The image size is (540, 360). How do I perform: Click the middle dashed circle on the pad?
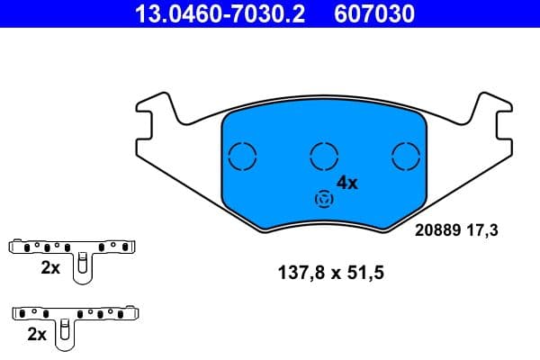click(323, 157)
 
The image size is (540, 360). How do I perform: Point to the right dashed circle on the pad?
click(407, 157)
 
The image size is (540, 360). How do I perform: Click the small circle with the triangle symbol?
click(321, 199)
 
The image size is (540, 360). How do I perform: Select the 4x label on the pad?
click(346, 183)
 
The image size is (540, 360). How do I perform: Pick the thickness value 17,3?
click(481, 230)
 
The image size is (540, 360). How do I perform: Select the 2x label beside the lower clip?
click(37, 334)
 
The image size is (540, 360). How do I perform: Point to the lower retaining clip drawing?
click(76, 314)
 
